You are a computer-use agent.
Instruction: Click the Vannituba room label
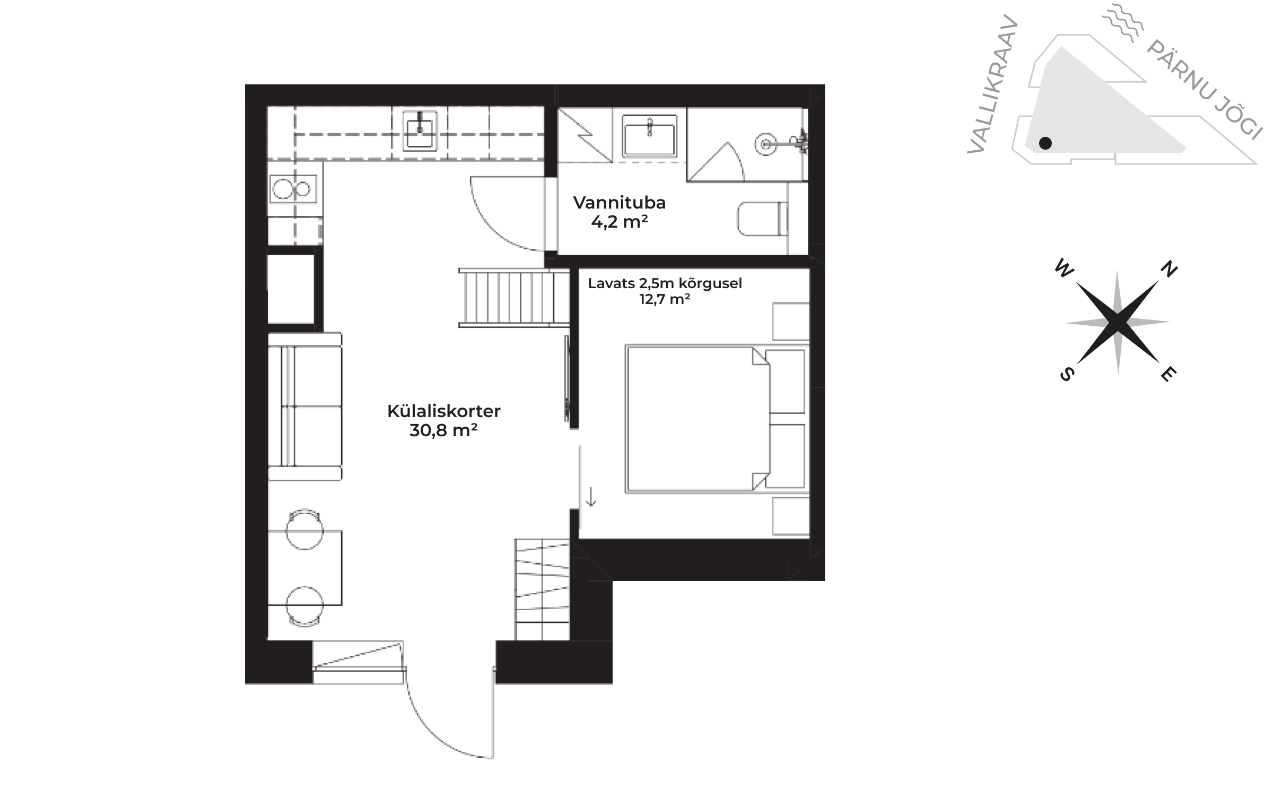coord(619,203)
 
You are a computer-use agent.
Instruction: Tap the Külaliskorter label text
coord(443,411)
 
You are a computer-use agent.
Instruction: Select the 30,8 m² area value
coord(443,430)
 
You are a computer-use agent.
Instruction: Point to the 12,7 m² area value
coord(665,299)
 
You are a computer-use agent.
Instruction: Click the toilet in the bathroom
coord(763,219)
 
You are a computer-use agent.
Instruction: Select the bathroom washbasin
coord(650,136)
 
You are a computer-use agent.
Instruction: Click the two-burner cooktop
coord(292,189)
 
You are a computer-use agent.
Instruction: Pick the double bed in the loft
coord(716,419)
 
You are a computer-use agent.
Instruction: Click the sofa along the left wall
coord(304,406)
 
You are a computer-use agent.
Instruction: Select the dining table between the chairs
coord(304,568)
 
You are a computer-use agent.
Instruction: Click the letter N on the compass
coord(1169,270)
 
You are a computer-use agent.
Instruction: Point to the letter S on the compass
coord(1067,374)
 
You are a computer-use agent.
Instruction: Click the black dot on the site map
coord(1045,143)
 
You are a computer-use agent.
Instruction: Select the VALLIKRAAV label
coord(992,85)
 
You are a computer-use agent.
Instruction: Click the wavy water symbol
coord(1120,22)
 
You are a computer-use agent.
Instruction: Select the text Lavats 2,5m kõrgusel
coord(665,284)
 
